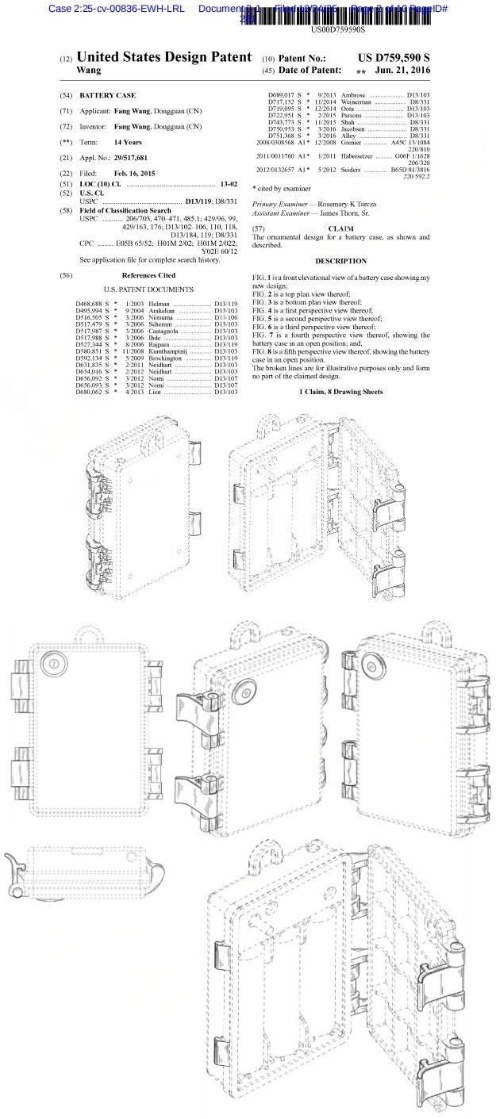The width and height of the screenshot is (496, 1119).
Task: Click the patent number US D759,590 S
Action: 394,58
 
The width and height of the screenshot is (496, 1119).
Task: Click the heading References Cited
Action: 148,275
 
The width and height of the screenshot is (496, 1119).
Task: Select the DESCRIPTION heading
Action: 340,261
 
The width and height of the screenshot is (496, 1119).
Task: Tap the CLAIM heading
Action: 340,228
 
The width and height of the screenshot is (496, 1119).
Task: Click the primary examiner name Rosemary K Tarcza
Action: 347,205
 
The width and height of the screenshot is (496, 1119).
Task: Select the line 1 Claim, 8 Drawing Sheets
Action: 340,392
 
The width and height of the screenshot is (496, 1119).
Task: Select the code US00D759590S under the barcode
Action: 338,29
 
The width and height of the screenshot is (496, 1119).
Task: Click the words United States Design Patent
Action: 164,58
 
